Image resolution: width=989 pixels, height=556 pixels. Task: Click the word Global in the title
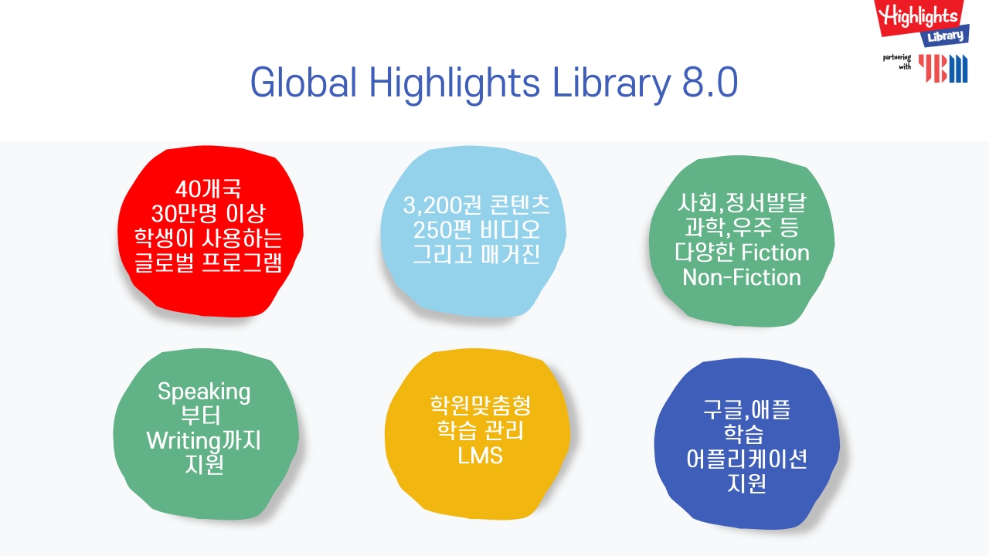(x=304, y=83)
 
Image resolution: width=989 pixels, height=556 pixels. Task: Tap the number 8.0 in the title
(x=710, y=83)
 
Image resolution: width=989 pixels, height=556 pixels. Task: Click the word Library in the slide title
(x=612, y=85)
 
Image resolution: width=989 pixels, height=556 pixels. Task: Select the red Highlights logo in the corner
(x=923, y=23)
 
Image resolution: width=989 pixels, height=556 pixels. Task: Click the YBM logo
(x=943, y=69)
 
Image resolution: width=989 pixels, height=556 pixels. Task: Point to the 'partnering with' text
(x=897, y=62)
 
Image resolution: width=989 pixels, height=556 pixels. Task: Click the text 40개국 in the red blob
(x=208, y=189)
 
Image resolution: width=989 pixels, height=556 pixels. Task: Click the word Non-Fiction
(x=742, y=277)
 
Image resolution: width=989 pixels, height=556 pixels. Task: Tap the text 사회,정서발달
(x=743, y=202)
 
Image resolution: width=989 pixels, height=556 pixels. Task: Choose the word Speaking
(x=204, y=392)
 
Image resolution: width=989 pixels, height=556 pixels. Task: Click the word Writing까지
(x=203, y=441)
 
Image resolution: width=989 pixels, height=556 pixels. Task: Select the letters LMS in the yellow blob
(x=480, y=456)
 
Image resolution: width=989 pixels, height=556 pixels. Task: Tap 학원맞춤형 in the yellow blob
(x=481, y=406)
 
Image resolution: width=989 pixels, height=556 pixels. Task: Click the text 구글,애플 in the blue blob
(x=746, y=410)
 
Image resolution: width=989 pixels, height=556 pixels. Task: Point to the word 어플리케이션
(x=746, y=459)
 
